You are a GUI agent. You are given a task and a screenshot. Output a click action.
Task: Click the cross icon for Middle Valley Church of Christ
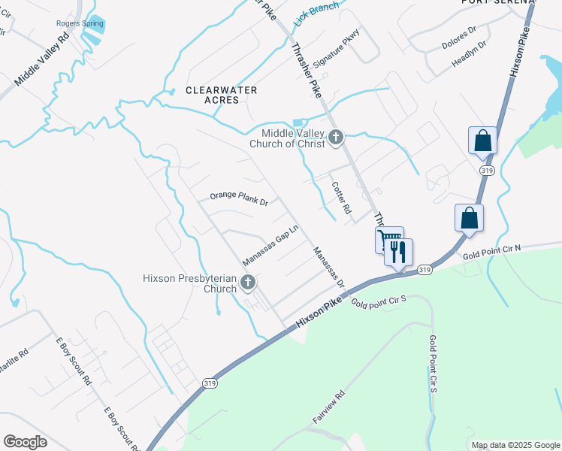point(336,137)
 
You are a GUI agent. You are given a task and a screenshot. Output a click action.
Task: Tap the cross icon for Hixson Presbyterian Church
point(247,283)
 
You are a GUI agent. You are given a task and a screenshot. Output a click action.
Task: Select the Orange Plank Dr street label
point(239,198)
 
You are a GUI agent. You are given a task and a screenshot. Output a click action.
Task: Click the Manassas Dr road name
point(329,268)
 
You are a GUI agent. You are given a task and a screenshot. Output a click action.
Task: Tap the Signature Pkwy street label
point(337,49)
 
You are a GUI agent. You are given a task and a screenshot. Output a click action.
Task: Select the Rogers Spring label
point(79,23)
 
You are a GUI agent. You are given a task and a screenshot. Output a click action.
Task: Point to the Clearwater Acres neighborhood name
point(222,95)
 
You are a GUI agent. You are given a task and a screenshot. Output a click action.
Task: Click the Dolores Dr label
point(459,38)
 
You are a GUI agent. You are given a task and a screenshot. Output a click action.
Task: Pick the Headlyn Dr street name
point(470,54)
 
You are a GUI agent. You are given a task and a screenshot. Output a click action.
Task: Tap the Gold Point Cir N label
point(491,251)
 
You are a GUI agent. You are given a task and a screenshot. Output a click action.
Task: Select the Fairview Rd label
point(328,406)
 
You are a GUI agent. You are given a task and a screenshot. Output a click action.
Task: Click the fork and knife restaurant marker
point(399,252)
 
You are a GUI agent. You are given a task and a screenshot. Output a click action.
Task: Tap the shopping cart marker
point(388,240)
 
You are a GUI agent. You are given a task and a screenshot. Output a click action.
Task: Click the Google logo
point(26,442)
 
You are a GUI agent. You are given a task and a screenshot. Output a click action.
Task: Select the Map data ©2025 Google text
point(515,445)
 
